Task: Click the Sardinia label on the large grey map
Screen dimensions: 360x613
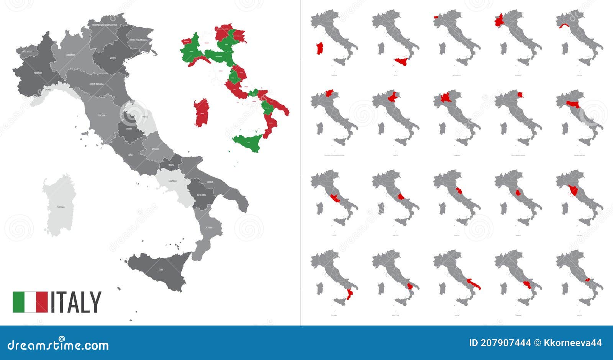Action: point(61,207)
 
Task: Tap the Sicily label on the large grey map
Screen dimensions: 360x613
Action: point(161,270)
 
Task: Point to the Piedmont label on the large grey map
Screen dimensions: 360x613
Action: point(38,73)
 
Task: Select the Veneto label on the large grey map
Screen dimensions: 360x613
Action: point(113,58)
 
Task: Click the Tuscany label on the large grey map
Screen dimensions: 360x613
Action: point(101,115)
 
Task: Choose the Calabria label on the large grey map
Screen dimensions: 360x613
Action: point(208,227)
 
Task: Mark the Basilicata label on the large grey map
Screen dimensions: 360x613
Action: point(202,195)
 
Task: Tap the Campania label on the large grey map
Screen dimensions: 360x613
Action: point(172,181)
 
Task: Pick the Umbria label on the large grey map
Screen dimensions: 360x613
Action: point(128,129)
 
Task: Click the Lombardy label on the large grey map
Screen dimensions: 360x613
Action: point(70,55)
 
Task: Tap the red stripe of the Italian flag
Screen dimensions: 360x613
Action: point(42,302)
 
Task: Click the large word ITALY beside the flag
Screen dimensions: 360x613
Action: point(76,302)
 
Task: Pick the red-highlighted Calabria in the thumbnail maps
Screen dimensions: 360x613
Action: point(349,294)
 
